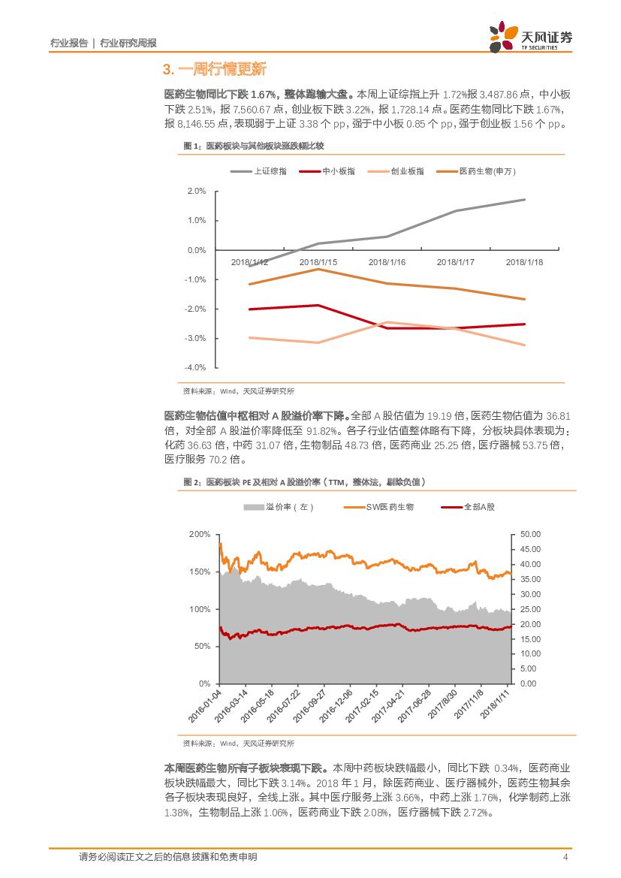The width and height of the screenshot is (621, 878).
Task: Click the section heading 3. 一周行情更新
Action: (x=215, y=70)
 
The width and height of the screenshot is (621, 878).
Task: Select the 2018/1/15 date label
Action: (x=318, y=262)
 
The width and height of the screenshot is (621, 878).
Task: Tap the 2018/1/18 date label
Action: (x=525, y=262)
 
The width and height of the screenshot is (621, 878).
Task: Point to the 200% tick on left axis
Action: (x=200, y=534)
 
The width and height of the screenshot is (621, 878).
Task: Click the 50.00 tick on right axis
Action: (x=530, y=534)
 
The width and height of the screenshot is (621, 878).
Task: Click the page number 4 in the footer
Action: (x=565, y=858)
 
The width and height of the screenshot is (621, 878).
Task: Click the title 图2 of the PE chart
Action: (x=308, y=481)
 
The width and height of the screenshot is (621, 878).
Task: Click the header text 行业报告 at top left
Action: (x=68, y=44)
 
